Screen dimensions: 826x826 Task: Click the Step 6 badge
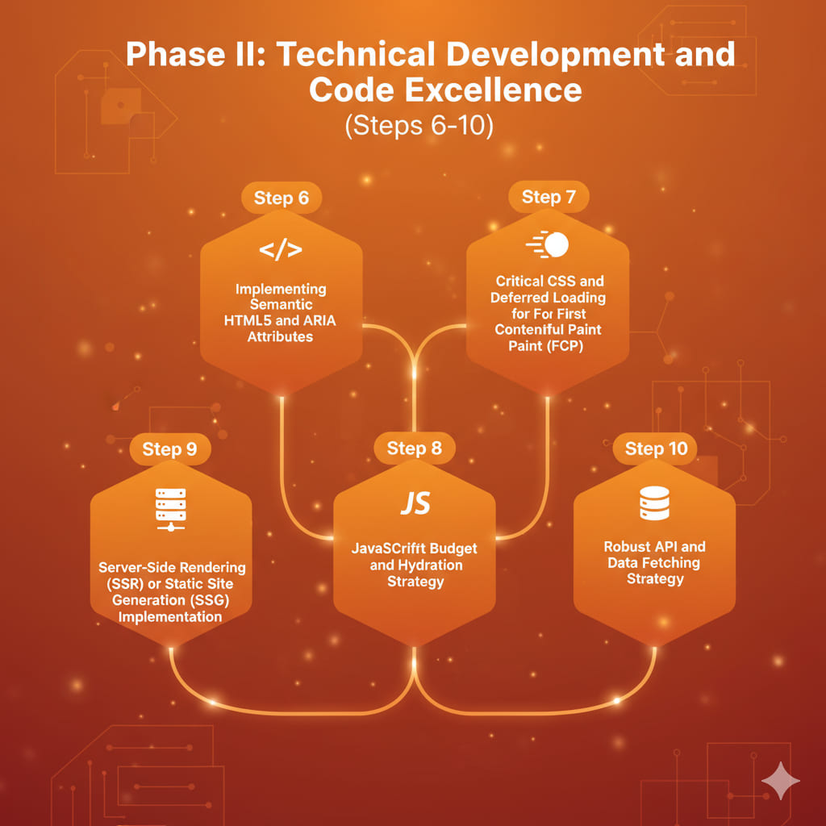[281, 198]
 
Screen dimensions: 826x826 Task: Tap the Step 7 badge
[549, 197]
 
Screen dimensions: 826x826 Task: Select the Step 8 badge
[414, 448]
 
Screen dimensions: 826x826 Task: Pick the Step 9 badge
[169, 449]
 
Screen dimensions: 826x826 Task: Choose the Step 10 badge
[655, 449]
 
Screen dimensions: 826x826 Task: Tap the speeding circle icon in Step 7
[548, 244]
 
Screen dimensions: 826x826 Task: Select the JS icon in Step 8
[415, 503]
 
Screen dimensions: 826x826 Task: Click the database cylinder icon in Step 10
[654, 503]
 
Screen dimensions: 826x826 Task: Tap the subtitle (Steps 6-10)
[419, 127]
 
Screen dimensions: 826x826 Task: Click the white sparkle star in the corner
[780, 781]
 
